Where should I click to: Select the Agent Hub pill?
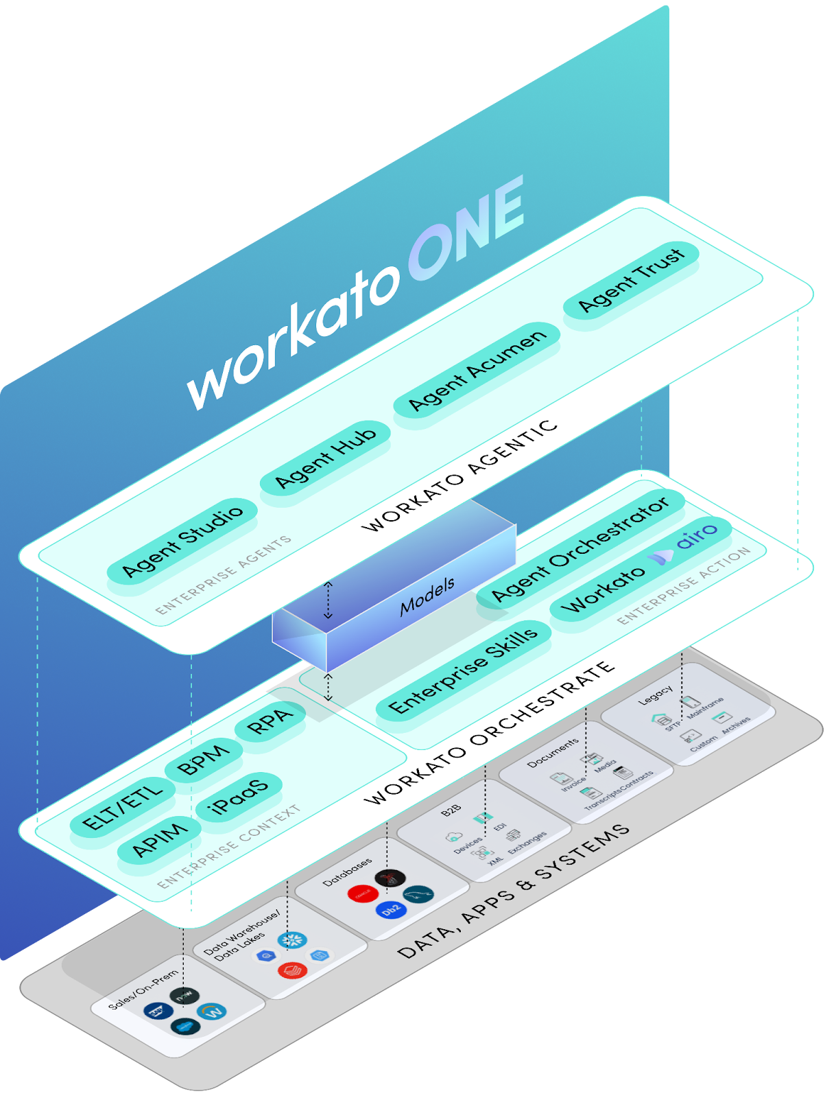point(325,458)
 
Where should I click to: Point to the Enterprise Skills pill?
point(463,670)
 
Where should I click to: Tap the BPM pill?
point(203,760)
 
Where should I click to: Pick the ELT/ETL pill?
point(122,806)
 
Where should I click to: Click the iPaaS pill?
point(239,797)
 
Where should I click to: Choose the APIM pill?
point(159,839)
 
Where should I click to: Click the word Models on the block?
point(427,595)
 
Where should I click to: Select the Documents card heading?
point(553,753)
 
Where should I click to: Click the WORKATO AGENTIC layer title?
point(459,476)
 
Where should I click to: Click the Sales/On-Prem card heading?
point(143,990)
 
